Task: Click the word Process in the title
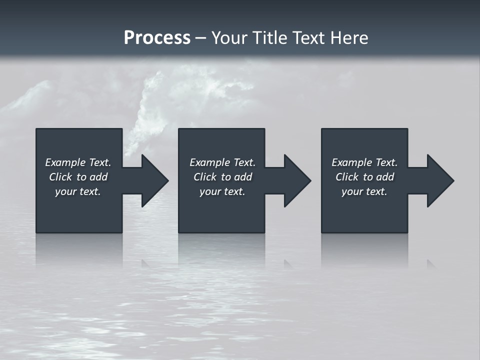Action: click(157, 38)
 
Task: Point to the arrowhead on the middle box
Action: click(295, 180)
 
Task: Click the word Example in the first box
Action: click(65, 162)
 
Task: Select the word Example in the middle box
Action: click(209, 162)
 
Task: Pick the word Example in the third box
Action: click(351, 162)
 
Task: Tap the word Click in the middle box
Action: click(205, 177)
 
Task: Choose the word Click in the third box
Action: click(347, 177)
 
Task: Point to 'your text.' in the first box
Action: click(78, 191)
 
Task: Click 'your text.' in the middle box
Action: click(222, 191)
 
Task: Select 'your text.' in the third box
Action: click(364, 191)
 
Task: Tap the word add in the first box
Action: click(98, 177)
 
